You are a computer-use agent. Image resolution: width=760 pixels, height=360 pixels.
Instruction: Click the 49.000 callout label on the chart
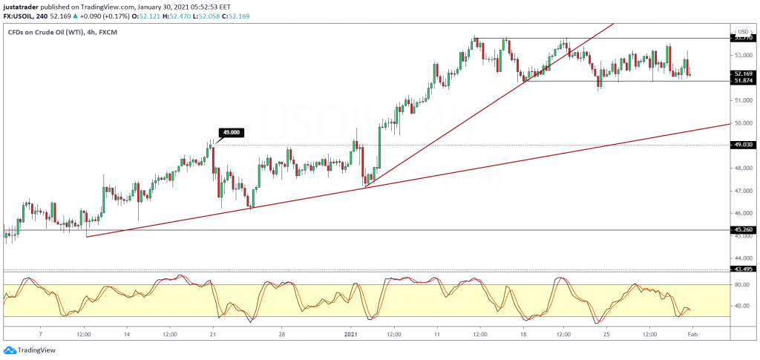point(230,132)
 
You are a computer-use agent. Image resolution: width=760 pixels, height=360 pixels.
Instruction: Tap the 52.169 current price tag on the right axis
point(743,74)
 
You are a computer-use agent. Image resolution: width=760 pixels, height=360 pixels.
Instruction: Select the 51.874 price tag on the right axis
point(743,82)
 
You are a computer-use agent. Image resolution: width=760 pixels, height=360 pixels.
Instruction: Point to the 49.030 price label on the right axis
point(743,145)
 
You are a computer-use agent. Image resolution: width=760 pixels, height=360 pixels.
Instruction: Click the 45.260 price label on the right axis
point(743,230)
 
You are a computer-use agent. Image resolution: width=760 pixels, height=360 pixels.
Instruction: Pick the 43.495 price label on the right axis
point(743,269)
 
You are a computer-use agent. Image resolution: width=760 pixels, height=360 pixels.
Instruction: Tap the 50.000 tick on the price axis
point(742,123)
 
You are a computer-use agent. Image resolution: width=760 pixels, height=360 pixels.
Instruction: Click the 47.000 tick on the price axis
point(742,191)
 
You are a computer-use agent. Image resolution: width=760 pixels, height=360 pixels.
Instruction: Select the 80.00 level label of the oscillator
point(741,284)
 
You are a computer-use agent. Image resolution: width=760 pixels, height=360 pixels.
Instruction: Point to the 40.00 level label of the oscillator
point(741,306)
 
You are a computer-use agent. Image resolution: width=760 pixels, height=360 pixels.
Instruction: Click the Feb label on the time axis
point(692,335)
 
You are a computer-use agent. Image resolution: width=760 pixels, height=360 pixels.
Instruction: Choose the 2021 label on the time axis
point(352,335)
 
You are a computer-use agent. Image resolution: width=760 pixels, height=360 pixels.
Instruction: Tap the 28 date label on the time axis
point(281,335)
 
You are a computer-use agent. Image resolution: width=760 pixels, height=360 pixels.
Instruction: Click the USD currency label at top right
point(741,32)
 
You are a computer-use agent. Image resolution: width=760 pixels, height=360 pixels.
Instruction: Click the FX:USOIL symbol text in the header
point(22,16)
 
